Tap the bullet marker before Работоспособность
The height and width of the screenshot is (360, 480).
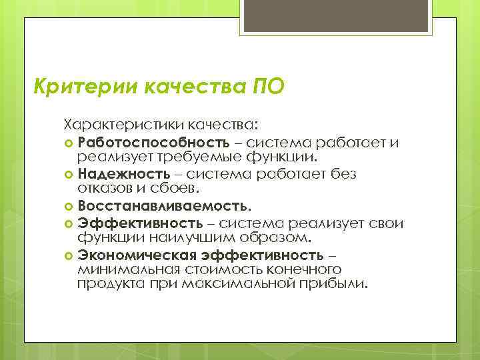(69, 143)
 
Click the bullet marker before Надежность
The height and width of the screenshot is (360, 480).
(69, 175)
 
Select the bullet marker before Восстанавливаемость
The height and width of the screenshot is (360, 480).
(69, 207)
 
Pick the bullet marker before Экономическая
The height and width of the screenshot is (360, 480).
(69, 255)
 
